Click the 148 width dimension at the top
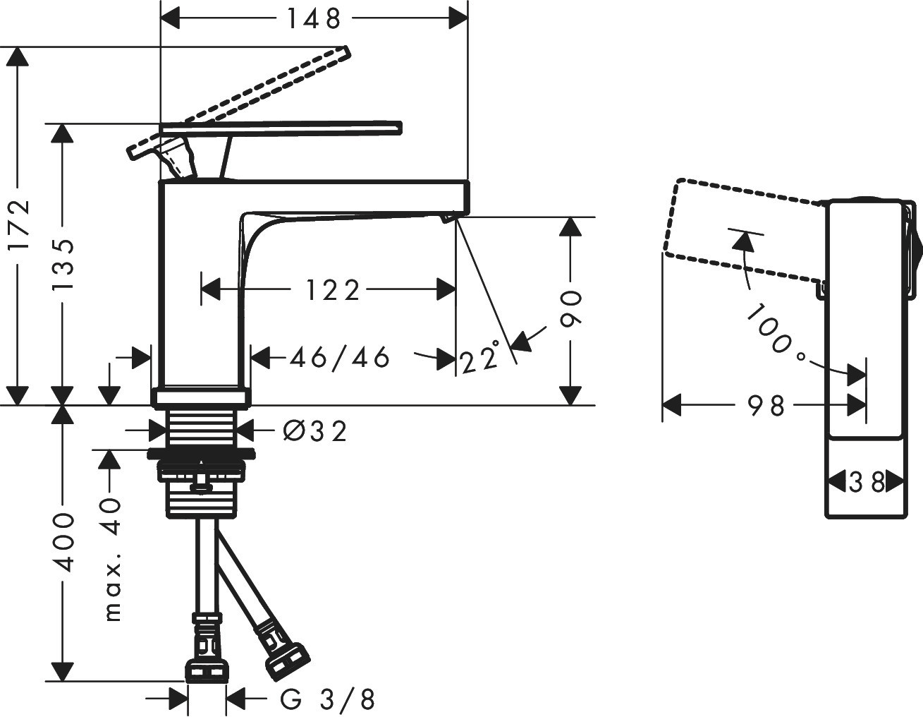coord(314,19)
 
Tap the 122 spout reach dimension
coord(333,289)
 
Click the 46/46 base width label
coord(340,358)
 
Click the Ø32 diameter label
coord(315,430)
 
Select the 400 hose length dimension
coord(63,541)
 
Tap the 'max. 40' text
coord(111,558)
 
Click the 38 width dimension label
coord(867,483)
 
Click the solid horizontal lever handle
coord(282,128)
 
